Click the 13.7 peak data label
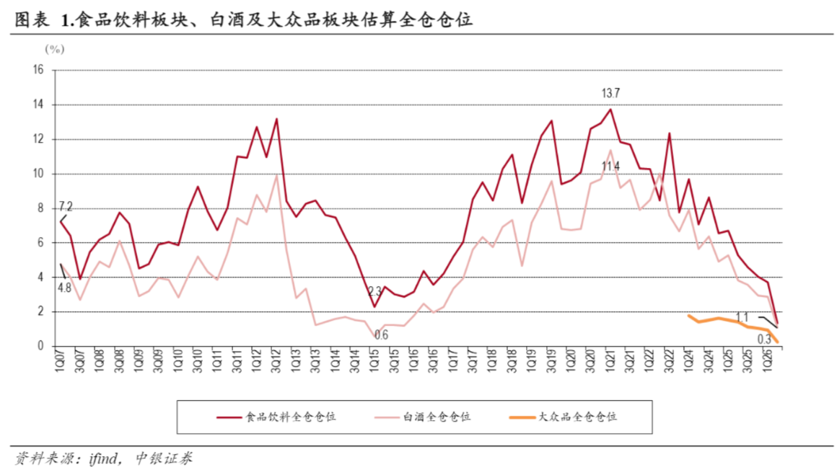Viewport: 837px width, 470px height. coord(610,94)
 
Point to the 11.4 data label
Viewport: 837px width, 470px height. coord(610,167)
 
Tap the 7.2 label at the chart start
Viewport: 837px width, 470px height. coord(65,206)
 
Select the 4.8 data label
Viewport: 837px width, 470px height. coord(65,288)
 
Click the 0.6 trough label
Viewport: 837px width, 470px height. coord(381,335)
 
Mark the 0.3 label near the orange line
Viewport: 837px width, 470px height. coord(764,340)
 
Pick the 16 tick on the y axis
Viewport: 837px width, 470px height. coord(38,70)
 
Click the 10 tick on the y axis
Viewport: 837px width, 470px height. coord(38,174)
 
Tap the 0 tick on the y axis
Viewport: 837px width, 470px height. coord(40,346)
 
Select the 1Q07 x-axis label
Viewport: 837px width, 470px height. coord(59,360)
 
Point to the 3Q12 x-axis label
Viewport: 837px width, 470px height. coord(276,360)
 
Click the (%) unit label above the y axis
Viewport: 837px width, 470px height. coord(54,50)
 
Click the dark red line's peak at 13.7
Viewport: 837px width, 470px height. coord(610,110)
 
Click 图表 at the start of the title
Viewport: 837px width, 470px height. coord(32,20)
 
